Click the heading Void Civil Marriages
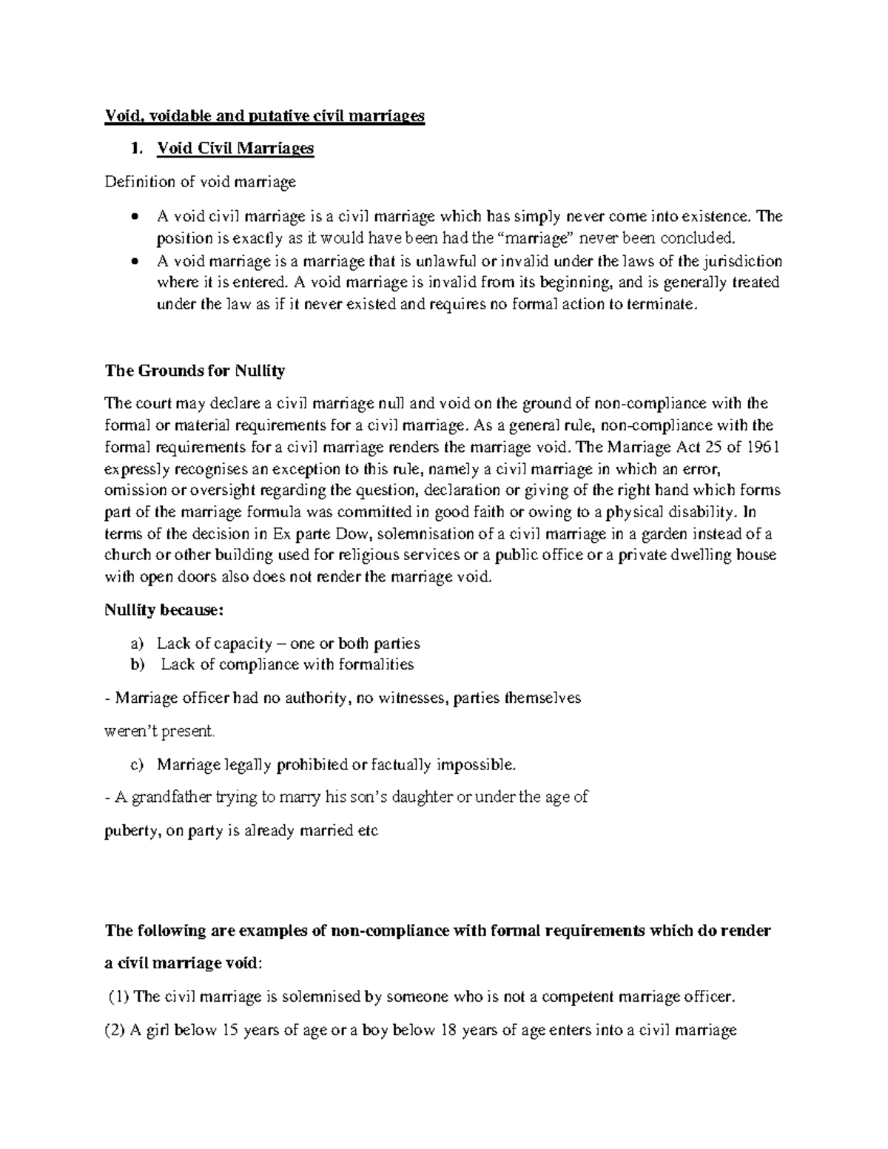point(235,149)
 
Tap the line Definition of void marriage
point(200,182)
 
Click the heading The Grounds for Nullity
point(195,371)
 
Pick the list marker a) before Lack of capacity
point(137,644)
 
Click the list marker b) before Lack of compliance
point(137,664)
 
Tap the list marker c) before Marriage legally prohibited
point(137,764)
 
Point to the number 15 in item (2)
point(231,1030)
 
